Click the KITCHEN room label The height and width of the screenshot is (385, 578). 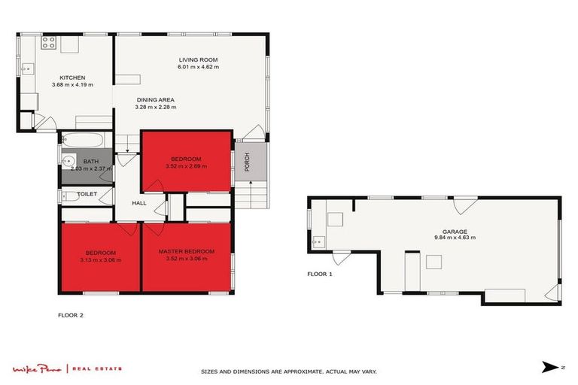(x=73, y=77)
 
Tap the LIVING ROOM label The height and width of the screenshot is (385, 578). (x=198, y=60)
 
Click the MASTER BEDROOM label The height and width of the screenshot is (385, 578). (x=187, y=251)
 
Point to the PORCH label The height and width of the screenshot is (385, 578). (x=247, y=162)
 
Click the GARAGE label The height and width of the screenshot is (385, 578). (x=454, y=232)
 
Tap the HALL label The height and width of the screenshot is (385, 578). (x=139, y=203)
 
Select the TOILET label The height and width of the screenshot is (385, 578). (x=87, y=194)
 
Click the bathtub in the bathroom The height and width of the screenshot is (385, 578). (x=84, y=140)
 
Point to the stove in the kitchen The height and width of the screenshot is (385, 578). (x=49, y=43)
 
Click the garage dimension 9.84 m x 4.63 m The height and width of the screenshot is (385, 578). (x=454, y=238)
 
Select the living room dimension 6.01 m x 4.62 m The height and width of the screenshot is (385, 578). (x=198, y=68)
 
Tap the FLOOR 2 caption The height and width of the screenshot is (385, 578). (x=71, y=315)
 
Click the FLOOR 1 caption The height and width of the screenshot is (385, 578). (x=320, y=274)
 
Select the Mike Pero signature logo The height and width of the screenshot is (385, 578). (x=37, y=368)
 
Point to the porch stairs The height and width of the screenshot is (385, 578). (x=257, y=196)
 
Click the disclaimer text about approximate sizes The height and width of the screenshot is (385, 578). (x=288, y=371)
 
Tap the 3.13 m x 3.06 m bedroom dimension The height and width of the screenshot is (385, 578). (x=100, y=259)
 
